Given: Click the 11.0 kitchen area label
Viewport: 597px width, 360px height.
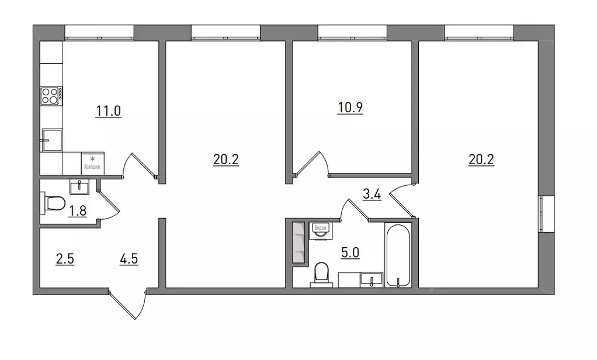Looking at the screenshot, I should click(109, 110).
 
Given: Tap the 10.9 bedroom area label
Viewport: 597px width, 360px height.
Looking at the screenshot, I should click(350, 109).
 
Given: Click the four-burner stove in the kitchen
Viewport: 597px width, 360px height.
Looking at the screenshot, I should click(51, 96).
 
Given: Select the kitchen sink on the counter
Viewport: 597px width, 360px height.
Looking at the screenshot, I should click(51, 140).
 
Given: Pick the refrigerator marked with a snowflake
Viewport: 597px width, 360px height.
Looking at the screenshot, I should click(92, 161).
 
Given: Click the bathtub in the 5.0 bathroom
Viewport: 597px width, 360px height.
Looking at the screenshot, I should click(398, 256).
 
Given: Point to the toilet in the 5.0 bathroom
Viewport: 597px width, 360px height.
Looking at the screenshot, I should click(321, 274).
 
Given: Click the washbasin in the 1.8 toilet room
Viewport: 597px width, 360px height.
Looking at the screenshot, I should click(79, 187).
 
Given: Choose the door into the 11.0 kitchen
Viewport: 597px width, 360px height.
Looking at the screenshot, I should click(140, 165).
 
